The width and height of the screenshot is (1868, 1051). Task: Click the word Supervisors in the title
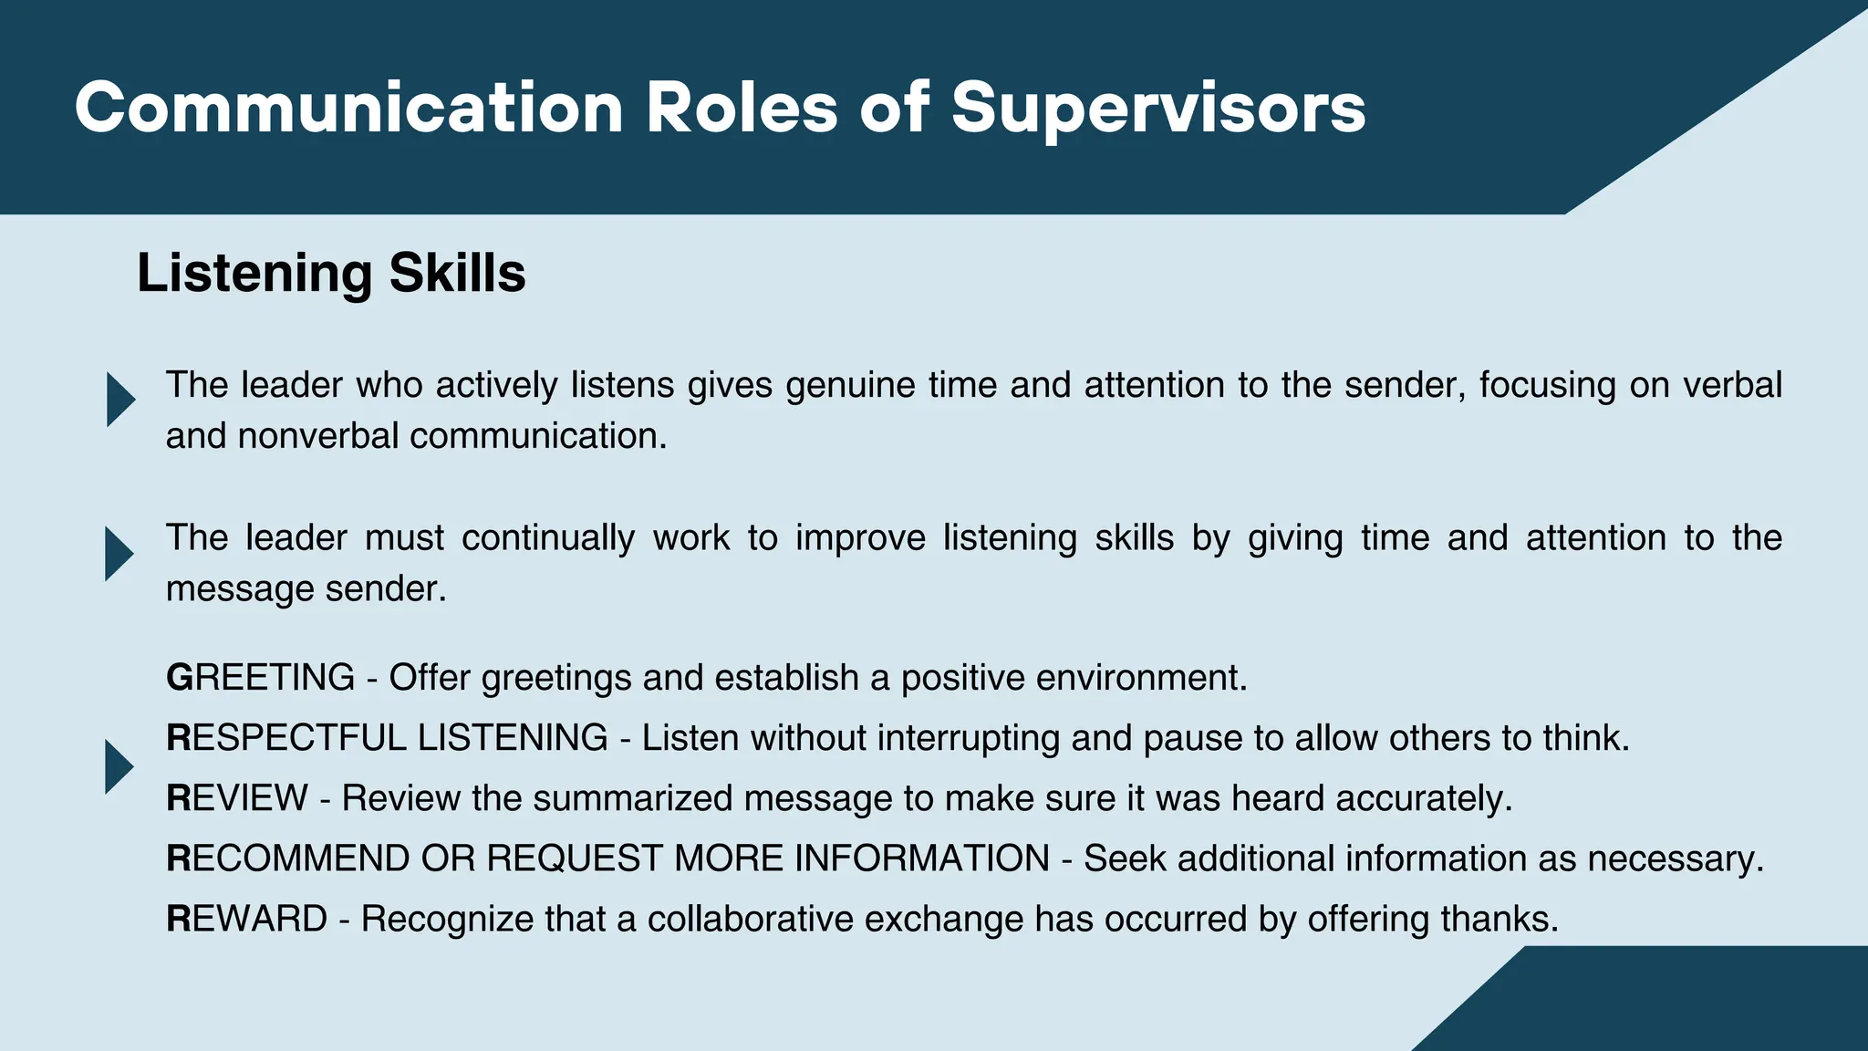tap(1158, 109)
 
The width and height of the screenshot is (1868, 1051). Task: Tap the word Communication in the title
tap(349, 109)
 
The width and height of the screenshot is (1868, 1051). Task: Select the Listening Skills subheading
tap(331, 273)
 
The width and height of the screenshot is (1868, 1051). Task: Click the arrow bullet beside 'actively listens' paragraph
tap(119, 400)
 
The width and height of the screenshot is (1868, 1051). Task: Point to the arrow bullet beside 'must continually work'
tap(119, 554)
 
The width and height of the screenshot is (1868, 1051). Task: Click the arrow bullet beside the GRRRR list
tap(119, 766)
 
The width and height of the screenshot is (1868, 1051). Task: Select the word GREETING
tap(260, 678)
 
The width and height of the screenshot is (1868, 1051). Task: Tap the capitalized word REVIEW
tap(237, 798)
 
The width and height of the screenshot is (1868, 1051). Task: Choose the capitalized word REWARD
tap(246, 919)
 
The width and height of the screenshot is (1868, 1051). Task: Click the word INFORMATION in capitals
tap(921, 858)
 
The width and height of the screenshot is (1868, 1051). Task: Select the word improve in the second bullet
tap(860, 538)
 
